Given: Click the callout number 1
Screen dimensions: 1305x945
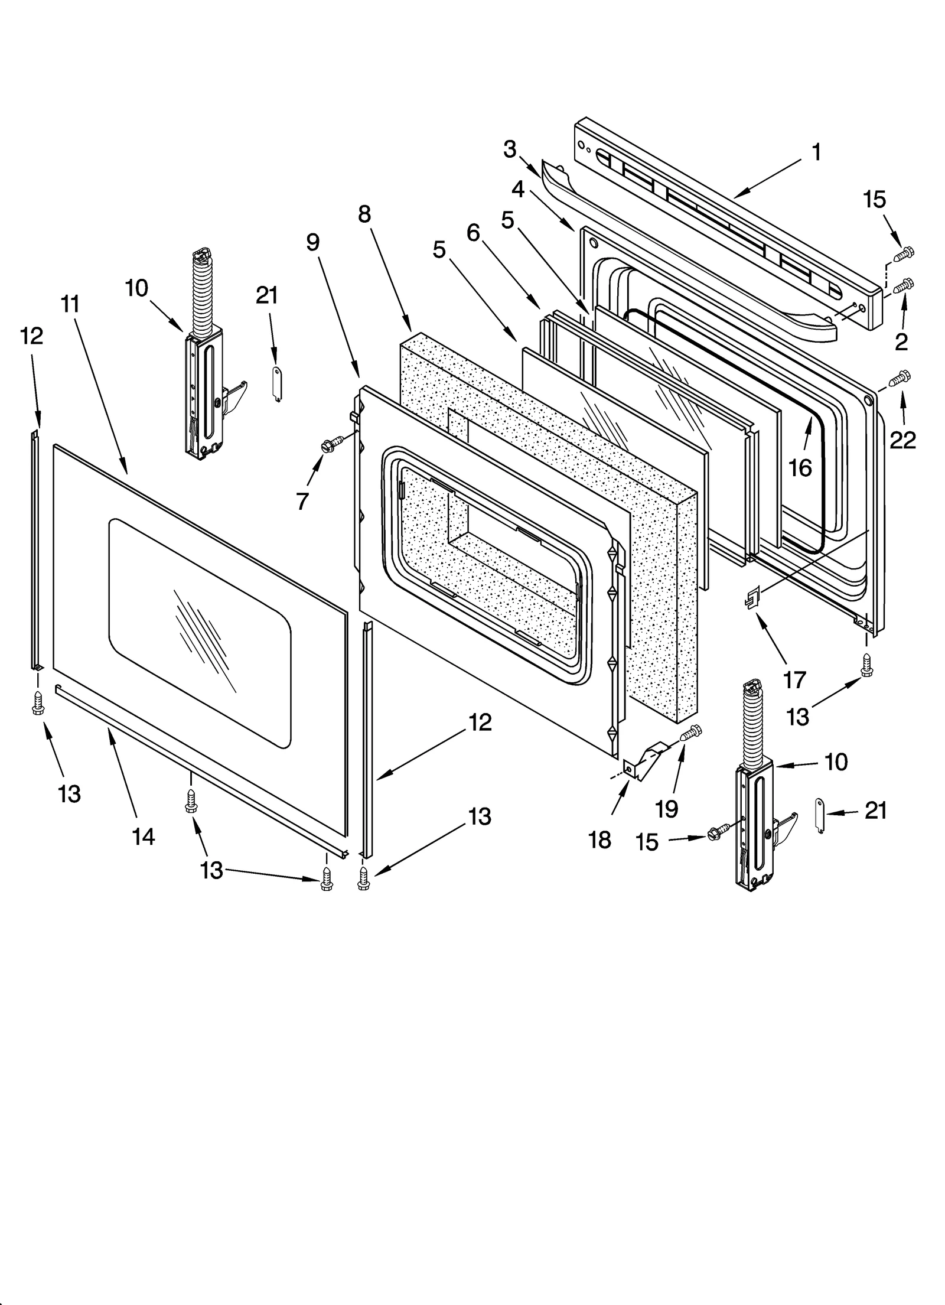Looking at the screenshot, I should tap(816, 152).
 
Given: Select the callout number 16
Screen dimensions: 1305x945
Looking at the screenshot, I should tap(800, 468).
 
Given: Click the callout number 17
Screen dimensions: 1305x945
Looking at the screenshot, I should tap(794, 680).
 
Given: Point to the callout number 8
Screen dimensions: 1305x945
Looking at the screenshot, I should tap(364, 214).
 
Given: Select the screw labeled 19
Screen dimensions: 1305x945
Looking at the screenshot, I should tap(690, 734).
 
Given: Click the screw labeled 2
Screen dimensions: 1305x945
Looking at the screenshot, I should tap(902, 285).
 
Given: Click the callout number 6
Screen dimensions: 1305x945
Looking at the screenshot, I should tap(473, 233).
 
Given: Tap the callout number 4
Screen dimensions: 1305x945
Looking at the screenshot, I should tap(518, 189).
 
